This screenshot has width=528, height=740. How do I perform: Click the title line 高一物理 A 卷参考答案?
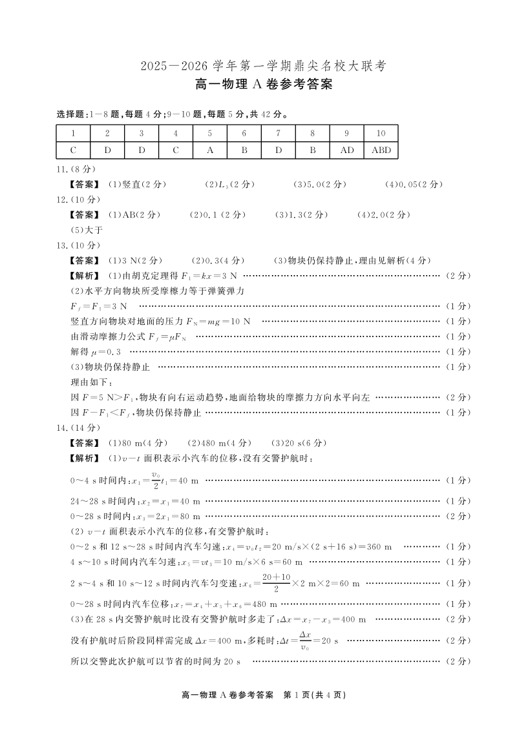click(x=264, y=85)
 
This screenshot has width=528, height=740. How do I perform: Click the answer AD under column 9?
click(x=346, y=150)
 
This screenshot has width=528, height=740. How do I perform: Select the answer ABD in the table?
click(x=381, y=150)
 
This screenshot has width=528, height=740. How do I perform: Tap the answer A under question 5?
click(x=210, y=150)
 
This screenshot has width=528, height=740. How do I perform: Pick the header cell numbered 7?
click(x=279, y=134)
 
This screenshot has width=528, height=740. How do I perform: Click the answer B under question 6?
click(x=244, y=150)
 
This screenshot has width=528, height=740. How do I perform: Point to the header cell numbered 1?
click(x=74, y=134)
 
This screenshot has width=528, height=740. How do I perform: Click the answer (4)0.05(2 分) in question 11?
click(x=414, y=185)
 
